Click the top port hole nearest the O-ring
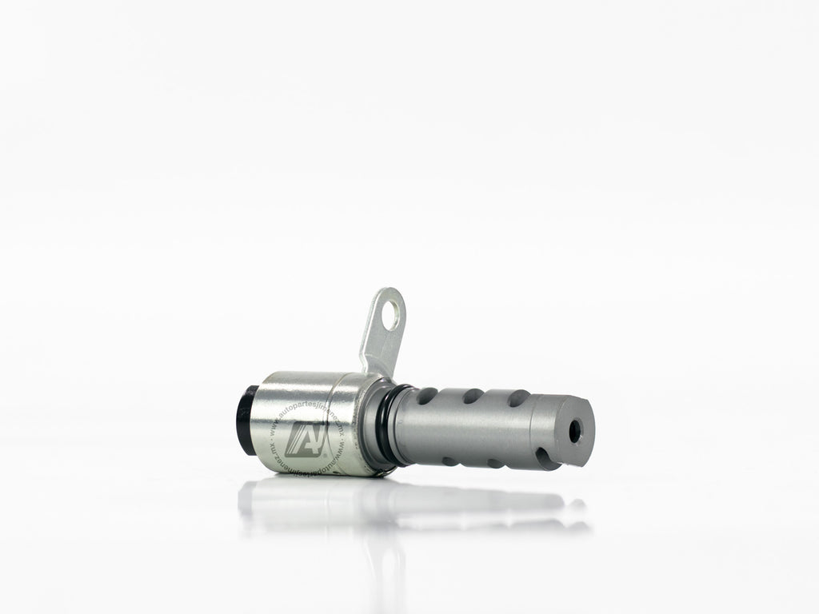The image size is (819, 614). point(427,395)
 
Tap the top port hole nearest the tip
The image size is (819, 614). point(518,397)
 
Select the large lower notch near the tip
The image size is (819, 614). point(548,458)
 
